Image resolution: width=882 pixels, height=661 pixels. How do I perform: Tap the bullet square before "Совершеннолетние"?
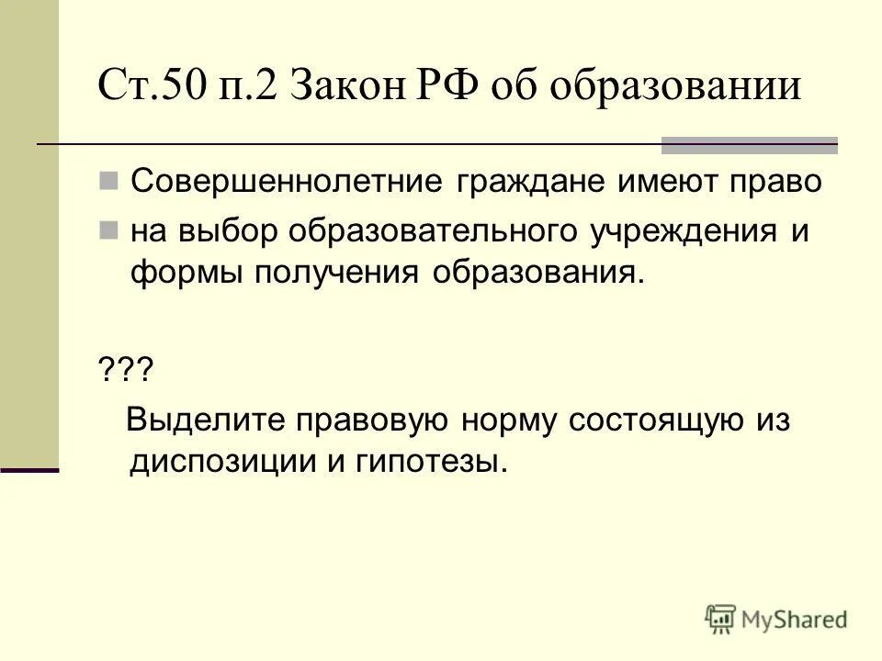click(108, 180)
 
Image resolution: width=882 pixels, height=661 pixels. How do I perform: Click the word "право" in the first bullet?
click(769, 181)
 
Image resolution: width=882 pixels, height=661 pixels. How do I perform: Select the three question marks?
click(124, 373)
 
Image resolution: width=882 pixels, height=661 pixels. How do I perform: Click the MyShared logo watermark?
click(776, 618)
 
